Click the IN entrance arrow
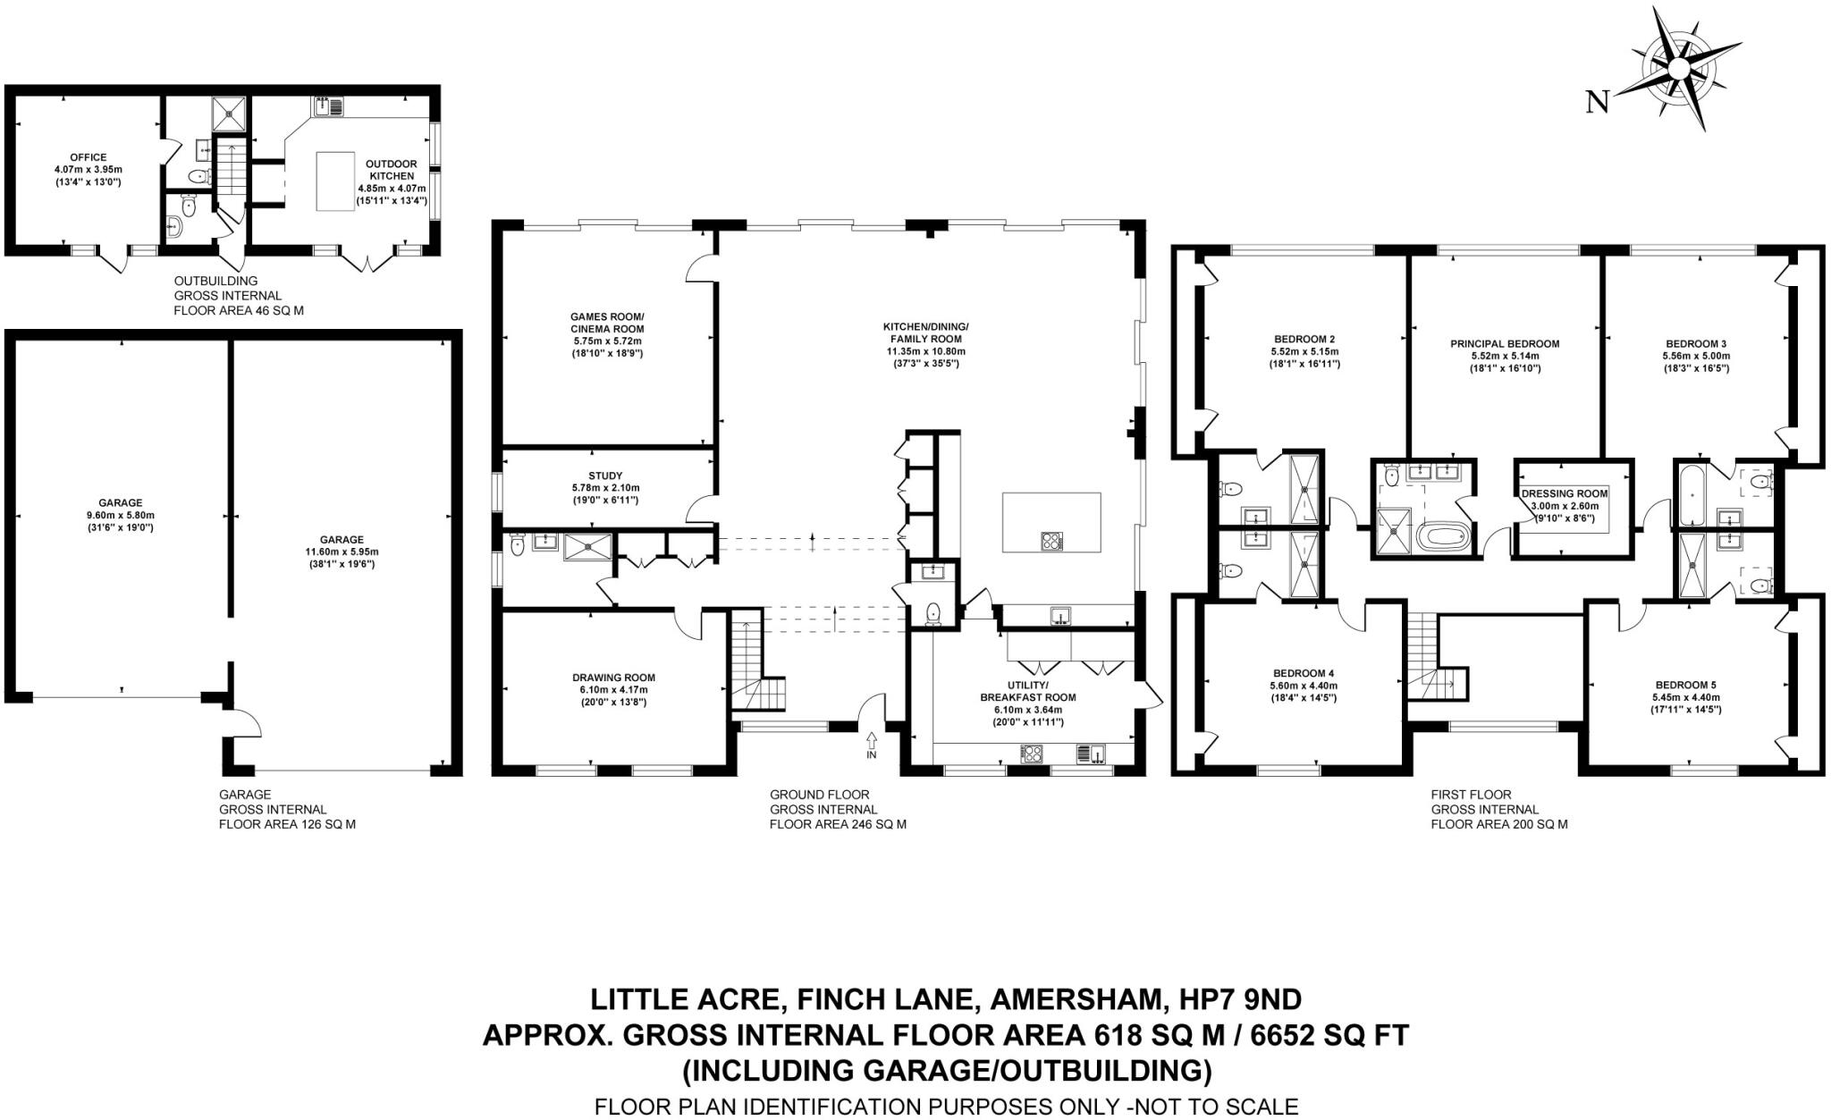(872, 738)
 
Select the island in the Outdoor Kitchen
(335, 181)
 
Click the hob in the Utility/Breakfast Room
(1033, 754)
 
